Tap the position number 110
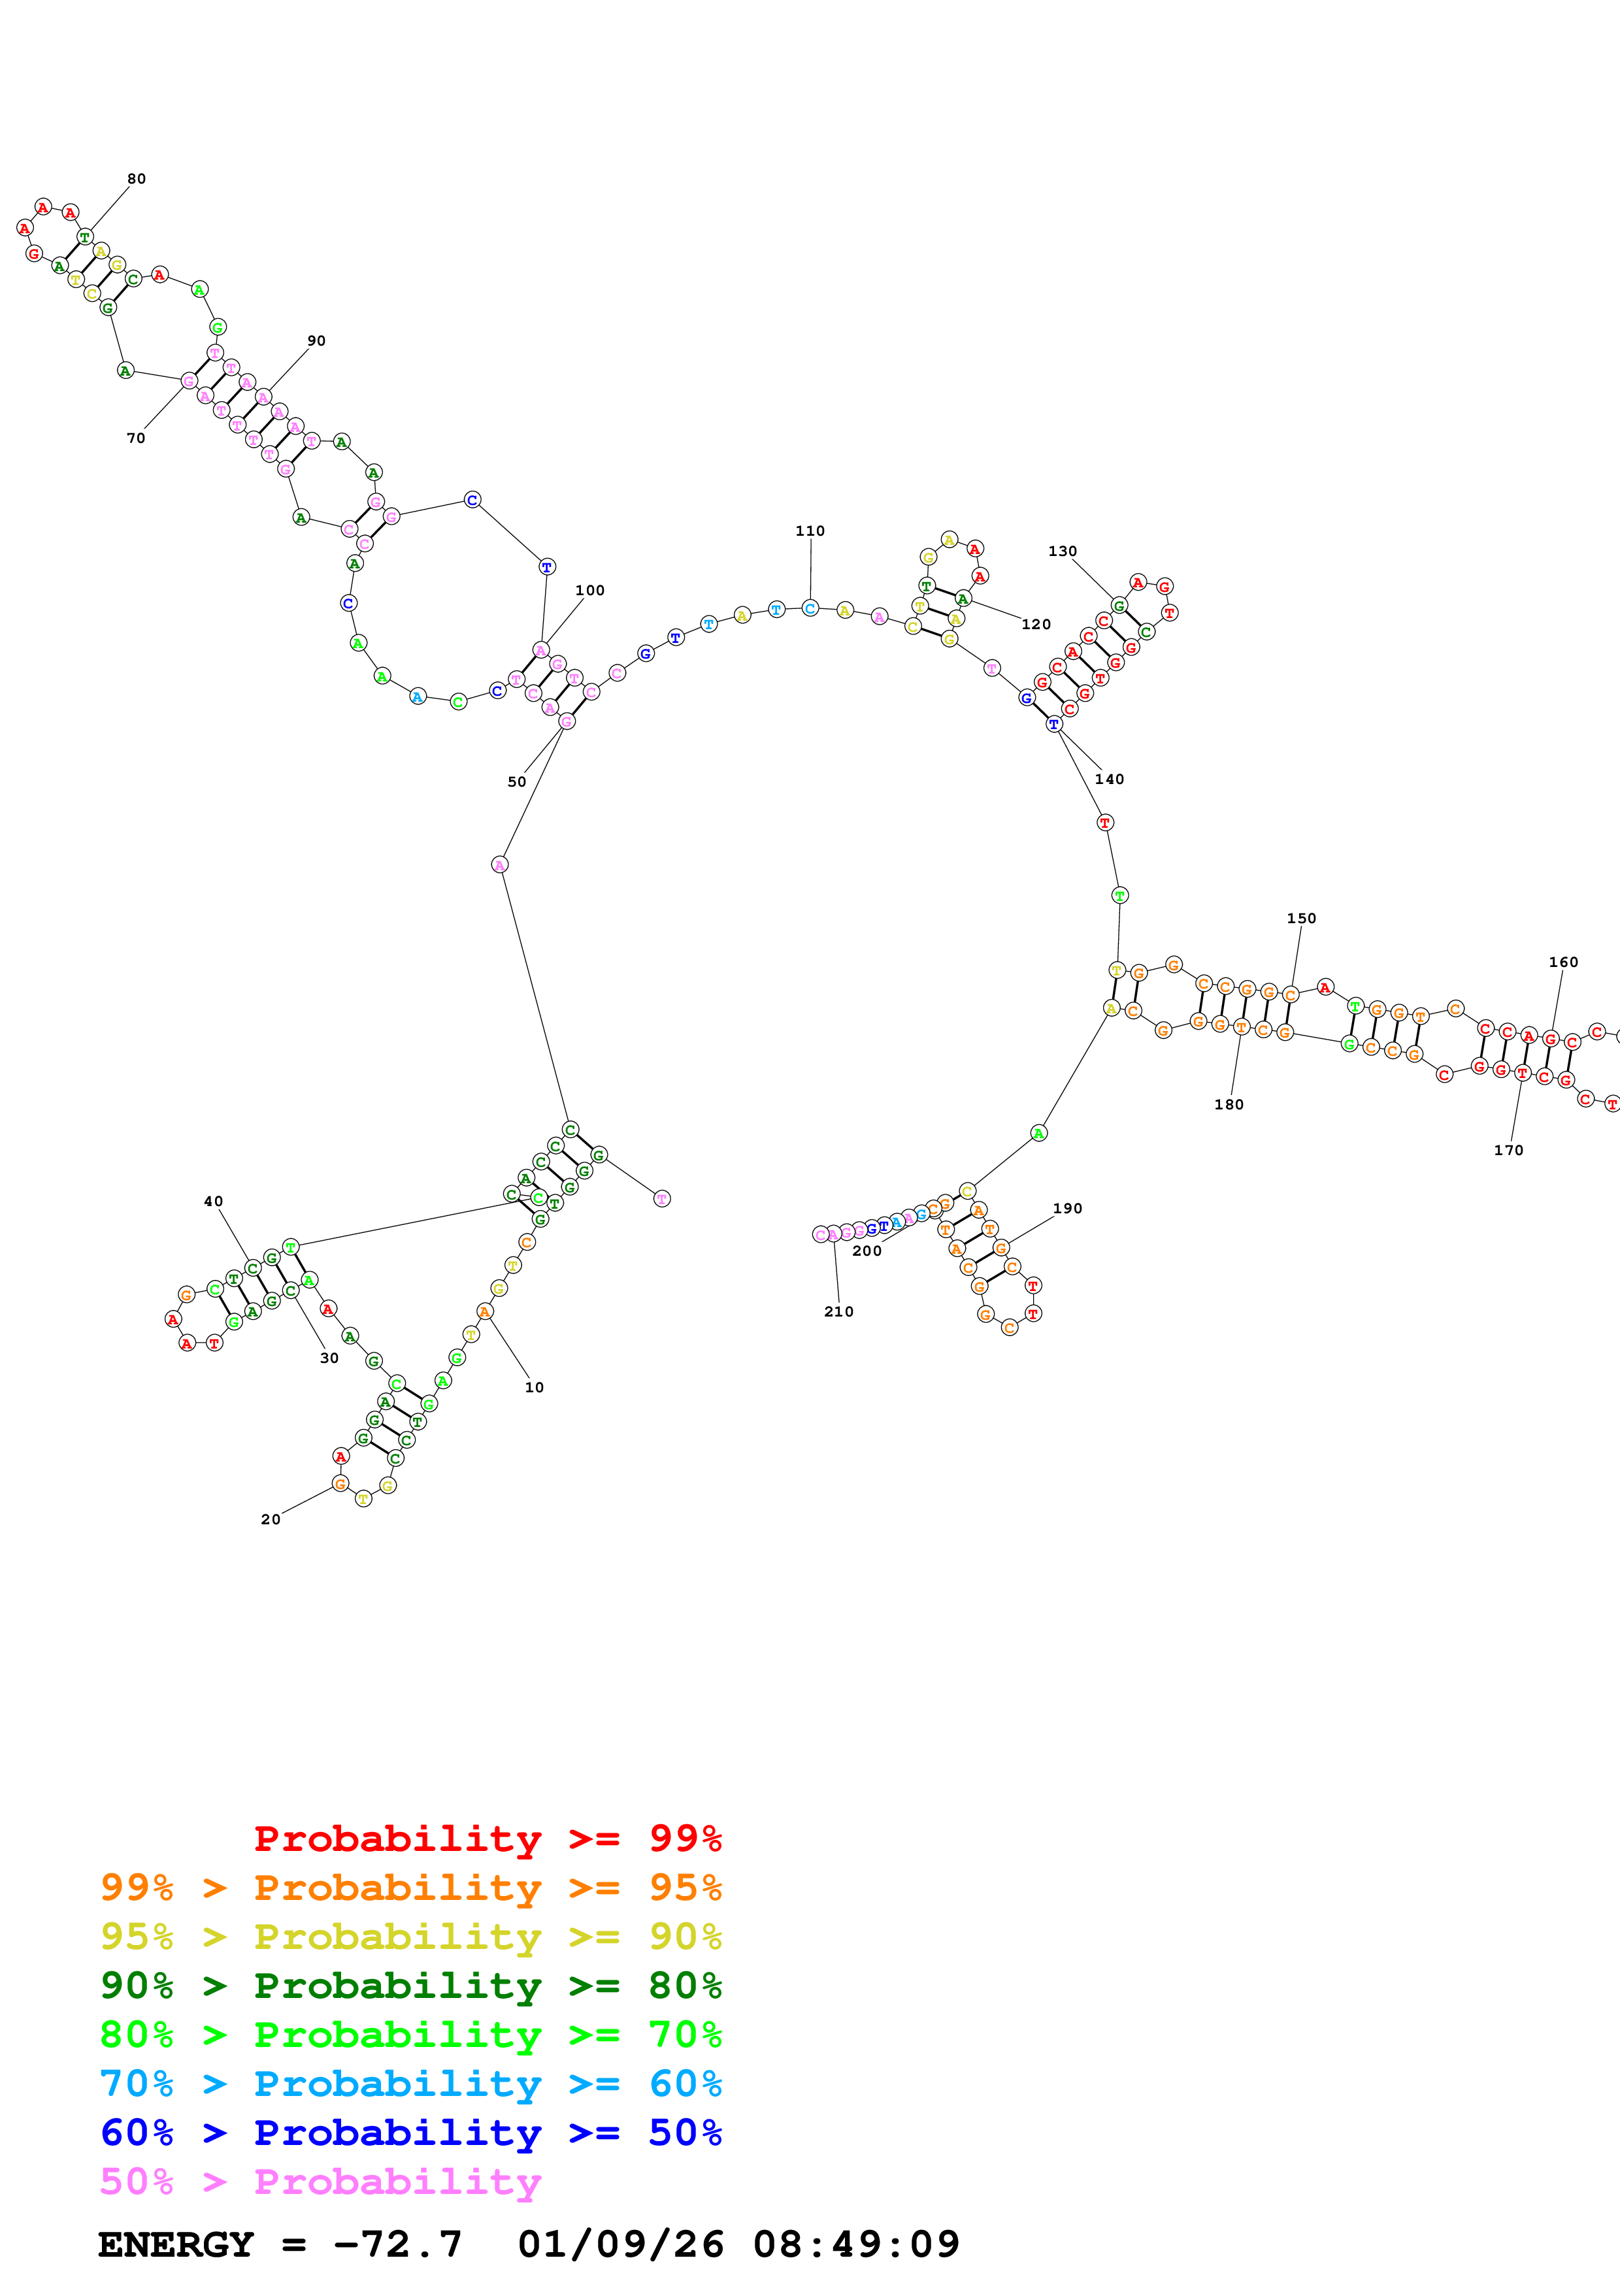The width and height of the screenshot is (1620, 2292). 810,531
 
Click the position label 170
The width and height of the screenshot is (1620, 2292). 1508,1150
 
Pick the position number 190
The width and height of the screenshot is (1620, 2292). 1067,1208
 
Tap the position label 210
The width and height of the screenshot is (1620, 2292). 838,1312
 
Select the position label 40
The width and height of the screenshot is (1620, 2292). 214,1201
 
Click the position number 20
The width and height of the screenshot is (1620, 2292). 271,1519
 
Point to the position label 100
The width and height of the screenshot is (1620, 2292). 590,590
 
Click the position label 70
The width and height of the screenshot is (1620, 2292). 136,438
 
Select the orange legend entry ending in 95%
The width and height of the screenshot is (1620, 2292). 410,1888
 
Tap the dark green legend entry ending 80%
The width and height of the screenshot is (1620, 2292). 410,1986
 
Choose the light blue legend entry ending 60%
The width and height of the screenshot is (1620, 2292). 410,2084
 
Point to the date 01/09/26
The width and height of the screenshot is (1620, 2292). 620,2244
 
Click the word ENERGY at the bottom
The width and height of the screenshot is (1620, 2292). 176,2244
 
